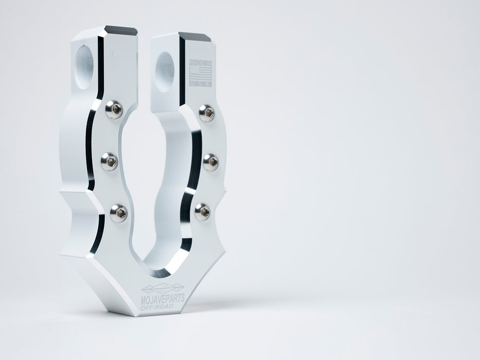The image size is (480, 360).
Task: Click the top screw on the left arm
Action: pos(114,109)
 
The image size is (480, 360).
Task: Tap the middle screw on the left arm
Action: pos(109,161)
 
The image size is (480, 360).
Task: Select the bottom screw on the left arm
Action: pos(118,212)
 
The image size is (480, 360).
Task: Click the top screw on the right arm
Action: pos(206,113)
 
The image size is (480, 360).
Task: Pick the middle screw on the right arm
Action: pos(210,162)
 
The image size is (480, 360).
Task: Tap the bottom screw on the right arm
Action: pos(202,211)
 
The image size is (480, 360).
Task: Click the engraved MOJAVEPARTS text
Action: pos(163,298)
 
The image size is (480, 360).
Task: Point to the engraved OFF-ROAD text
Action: pos(157,307)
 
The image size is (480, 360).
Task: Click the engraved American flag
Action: pos(200,73)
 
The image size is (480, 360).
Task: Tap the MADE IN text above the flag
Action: pos(200,63)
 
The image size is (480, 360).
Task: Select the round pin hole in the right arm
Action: pos(165,71)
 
